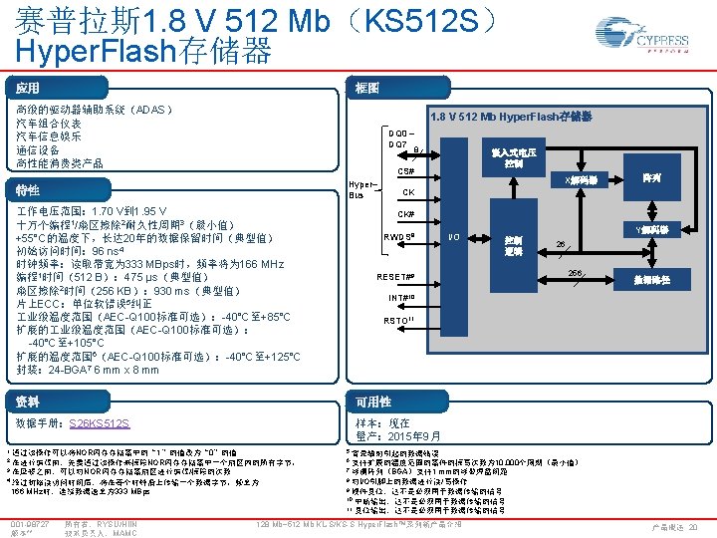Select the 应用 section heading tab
click(28, 89)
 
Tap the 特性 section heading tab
click(28, 190)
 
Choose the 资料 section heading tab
click(28, 402)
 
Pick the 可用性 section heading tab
click(373, 402)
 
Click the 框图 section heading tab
click(367, 89)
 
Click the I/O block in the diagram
click(454, 235)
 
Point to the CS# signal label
click(406, 171)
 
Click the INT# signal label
click(401, 298)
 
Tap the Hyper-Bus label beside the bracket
click(362, 189)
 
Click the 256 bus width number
click(576, 273)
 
